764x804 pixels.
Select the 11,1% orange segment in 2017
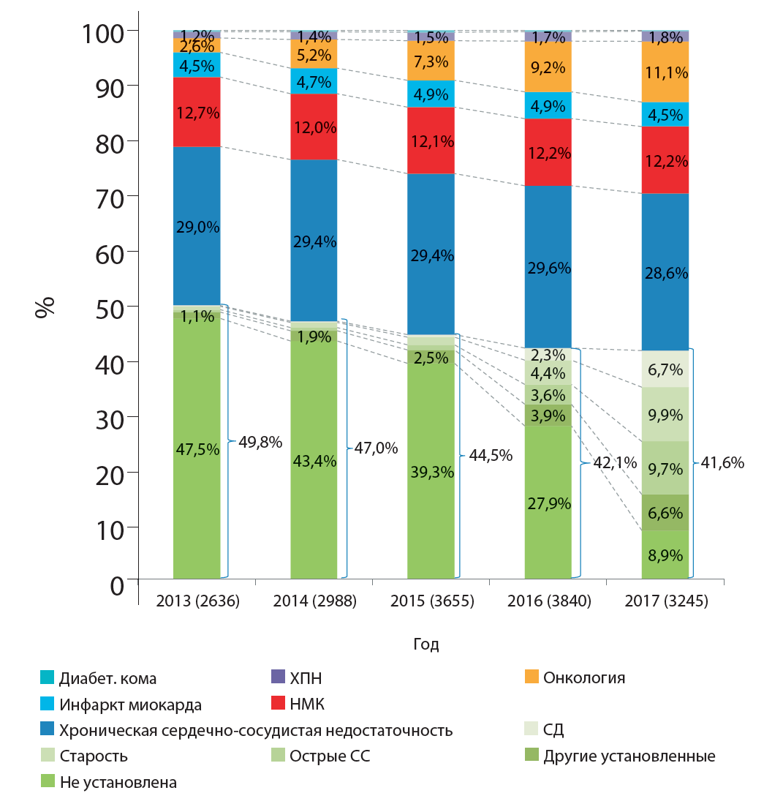(x=665, y=72)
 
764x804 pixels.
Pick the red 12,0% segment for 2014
(x=314, y=127)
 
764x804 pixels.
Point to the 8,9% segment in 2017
(x=665, y=554)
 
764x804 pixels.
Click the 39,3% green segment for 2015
(x=431, y=472)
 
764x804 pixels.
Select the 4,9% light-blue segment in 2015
(x=431, y=94)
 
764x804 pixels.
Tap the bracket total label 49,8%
(x=260, y=442)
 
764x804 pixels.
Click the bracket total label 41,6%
(x=722, y=462)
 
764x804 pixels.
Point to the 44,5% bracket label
(x=491, y=455)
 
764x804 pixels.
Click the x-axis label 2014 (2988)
(x=314, y=601)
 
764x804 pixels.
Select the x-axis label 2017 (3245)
(x=665, y=601)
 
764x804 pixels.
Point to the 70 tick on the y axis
(x=110, y=196)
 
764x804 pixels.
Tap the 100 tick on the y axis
(x=102, y=31)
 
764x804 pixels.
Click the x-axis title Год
(x=426, y=644)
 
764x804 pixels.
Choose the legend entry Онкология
(x=583, y=677)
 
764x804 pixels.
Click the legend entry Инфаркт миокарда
(x=130, y=705)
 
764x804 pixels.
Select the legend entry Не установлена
(x=118, y=782)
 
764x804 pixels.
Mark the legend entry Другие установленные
(x=629, y=756)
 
